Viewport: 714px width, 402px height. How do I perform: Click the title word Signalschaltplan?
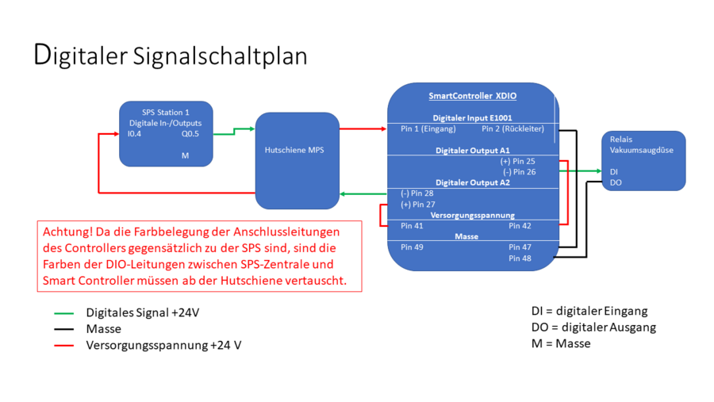coord(220,57)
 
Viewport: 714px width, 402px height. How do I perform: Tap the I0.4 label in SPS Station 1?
coord(134,134)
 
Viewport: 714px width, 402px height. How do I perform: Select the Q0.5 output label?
coord(190,134)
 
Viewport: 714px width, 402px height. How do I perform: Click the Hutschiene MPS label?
coord(294,150)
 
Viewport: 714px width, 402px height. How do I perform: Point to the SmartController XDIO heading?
coord(473,96)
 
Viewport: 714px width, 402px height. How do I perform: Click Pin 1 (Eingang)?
coord(428,128)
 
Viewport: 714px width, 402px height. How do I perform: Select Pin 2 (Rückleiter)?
coord(512,128)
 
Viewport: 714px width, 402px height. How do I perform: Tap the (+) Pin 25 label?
coord(518,161)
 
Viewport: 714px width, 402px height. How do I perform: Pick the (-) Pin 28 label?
coord(417,193)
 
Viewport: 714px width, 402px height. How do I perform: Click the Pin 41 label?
coord(412,226)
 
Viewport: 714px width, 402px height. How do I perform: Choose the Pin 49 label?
coord(412,247)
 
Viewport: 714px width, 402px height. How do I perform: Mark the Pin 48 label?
coord(520,258)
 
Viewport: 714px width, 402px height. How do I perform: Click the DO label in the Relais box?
coord(616,182)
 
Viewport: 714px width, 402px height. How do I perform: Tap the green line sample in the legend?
coord(63,313)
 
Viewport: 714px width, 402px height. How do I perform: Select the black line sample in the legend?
coord(63,329)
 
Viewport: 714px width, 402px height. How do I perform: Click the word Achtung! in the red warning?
coord(67,232)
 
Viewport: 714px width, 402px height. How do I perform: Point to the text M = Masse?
coord(561,344)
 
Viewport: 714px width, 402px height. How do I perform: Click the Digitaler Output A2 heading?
coord(473,182)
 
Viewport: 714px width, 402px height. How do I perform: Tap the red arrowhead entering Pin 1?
coord(384,128)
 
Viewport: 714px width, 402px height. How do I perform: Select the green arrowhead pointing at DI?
coord(598,171)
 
